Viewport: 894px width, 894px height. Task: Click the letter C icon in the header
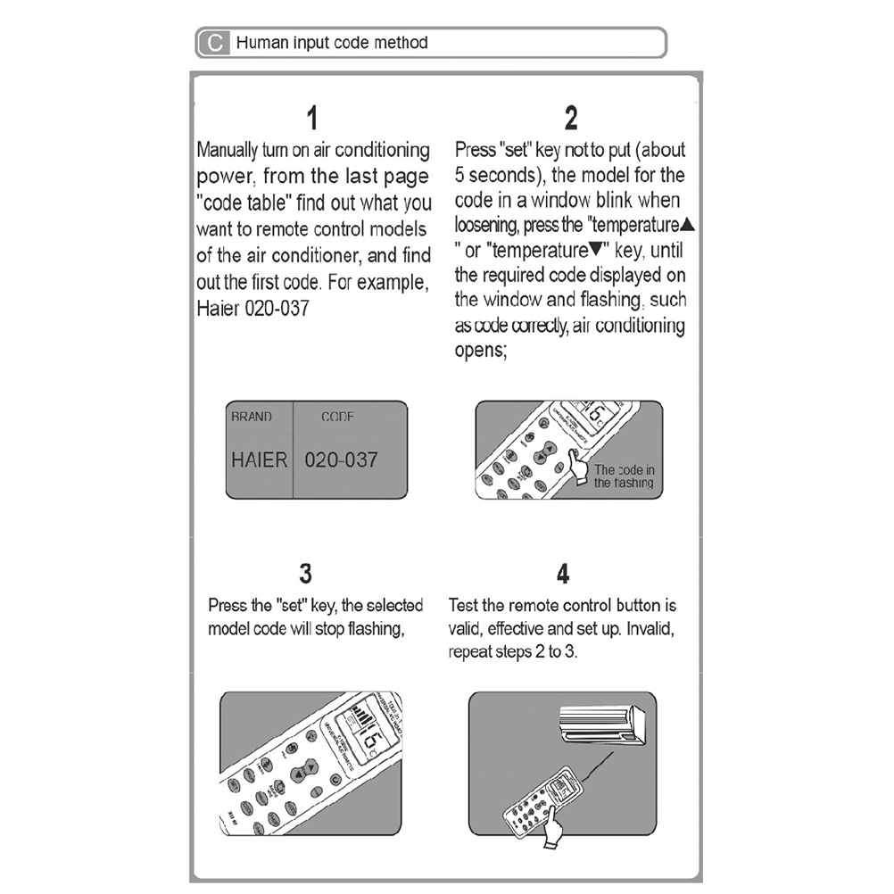coord(214,43)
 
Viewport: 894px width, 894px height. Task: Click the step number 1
coord(311,118)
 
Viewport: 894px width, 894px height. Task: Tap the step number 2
coord(571,118)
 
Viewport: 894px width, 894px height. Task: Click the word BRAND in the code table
coord(252,417)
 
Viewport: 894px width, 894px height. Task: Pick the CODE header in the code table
coord(338,417)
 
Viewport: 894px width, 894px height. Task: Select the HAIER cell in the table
coord(259,460)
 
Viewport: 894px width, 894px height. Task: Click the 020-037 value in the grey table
coord(342,460)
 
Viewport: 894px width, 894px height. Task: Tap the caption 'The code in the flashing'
coord(625,476)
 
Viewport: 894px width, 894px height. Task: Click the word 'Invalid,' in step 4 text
coord(656,629)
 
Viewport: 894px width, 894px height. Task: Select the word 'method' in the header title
coord(401,43)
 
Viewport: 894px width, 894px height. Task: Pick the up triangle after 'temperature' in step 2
coord(686,224)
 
